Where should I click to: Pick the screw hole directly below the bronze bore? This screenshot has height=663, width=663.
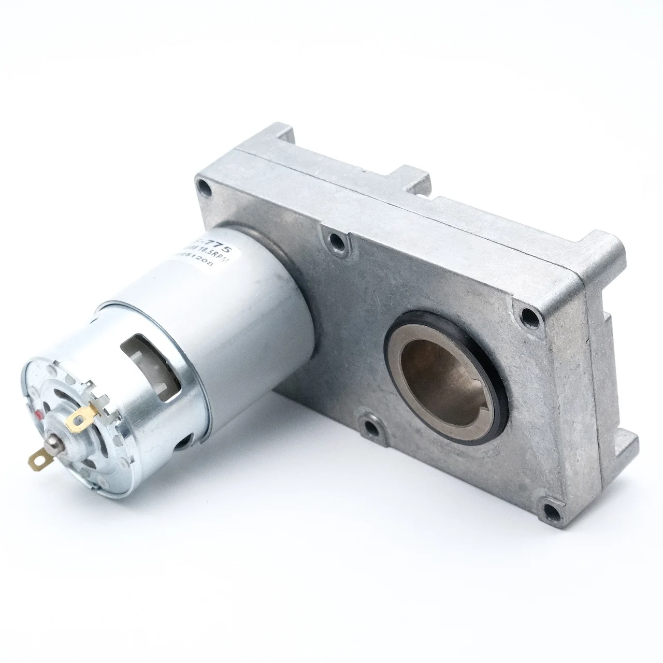pyautogui.click(x=372, y=428)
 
